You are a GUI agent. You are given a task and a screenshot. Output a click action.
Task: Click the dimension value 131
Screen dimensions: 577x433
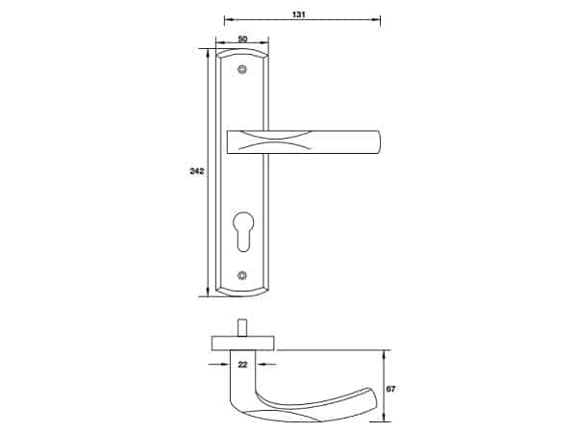click(x=298, y=14)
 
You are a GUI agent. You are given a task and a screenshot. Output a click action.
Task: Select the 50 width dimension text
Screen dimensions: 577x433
click(x=242, y=38)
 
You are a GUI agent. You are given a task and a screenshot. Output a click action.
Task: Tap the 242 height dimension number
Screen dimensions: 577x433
click(x=196, y=171)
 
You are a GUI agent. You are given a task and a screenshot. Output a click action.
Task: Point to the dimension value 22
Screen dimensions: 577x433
click(x=242, y=365)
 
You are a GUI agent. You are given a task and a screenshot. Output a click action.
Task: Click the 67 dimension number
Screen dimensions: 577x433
click(x=390, y=389)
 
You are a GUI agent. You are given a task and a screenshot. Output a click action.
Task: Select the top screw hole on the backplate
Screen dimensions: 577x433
click(x=242, y=69)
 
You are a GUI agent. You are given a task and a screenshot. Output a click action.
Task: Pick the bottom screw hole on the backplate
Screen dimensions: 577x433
click(x=242, y=274)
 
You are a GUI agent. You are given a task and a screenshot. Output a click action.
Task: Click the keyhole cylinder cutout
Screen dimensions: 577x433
click(x=243, y=231)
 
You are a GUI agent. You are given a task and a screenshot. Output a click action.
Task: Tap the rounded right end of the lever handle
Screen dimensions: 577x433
click(x=378, y=141)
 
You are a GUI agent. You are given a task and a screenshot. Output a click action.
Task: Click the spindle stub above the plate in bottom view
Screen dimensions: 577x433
click(x=242, y=328)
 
